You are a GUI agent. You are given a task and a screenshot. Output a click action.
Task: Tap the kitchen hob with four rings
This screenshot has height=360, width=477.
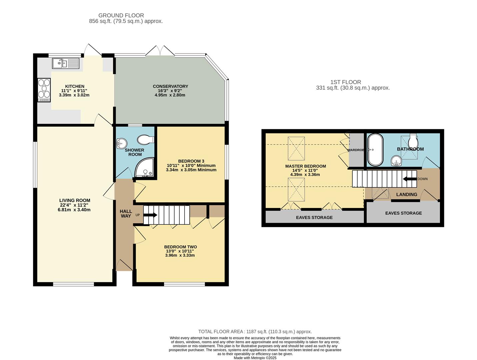44,90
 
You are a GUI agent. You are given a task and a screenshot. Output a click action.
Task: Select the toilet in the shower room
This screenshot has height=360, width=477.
146,139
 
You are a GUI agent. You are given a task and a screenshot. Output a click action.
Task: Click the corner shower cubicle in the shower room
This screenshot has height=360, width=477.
145,168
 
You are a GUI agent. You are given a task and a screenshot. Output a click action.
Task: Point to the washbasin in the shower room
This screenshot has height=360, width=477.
121,144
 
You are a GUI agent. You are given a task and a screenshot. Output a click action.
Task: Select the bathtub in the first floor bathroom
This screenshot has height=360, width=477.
375,150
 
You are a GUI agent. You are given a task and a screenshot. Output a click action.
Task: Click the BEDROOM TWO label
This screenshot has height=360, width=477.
180,247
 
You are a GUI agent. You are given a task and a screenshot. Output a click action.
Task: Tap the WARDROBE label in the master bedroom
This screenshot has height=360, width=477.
356,150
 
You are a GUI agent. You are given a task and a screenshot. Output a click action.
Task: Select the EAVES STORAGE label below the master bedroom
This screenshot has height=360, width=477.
314,217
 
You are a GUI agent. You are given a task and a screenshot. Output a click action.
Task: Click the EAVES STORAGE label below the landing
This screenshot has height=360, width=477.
403,213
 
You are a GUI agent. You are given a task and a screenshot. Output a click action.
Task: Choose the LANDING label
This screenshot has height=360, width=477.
406,194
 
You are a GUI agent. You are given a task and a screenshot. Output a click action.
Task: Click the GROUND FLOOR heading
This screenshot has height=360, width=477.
121,15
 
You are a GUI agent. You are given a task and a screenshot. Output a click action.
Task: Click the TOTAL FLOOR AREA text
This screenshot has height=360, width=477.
255,332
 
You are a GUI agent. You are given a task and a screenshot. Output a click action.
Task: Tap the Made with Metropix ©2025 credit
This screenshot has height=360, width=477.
255,358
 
